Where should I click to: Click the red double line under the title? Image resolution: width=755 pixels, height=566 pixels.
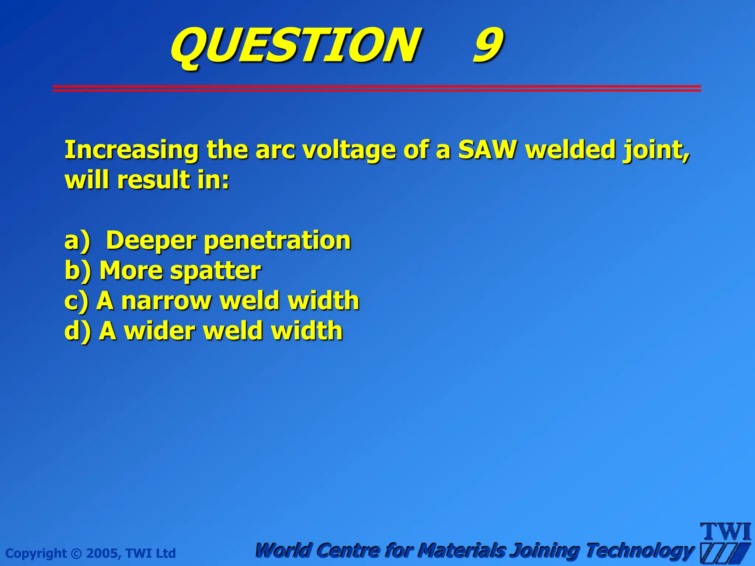pos(376,88)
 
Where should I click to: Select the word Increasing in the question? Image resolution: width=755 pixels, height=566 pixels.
pos(131,150)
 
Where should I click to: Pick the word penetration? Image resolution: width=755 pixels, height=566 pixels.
pos(277,241)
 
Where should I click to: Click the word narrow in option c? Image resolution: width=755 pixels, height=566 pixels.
pos(166,300)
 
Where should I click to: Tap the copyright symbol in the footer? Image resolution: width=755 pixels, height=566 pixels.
pos(76,553)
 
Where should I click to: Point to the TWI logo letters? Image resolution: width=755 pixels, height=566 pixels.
pos(725,532)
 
